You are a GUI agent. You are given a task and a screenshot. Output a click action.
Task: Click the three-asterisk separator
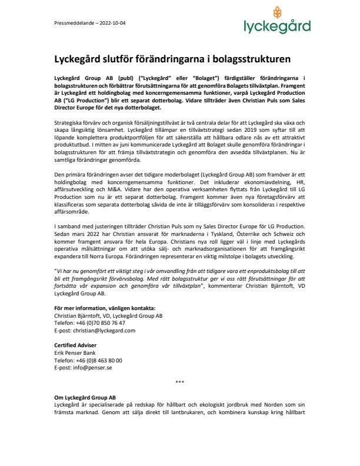[180, 382]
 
